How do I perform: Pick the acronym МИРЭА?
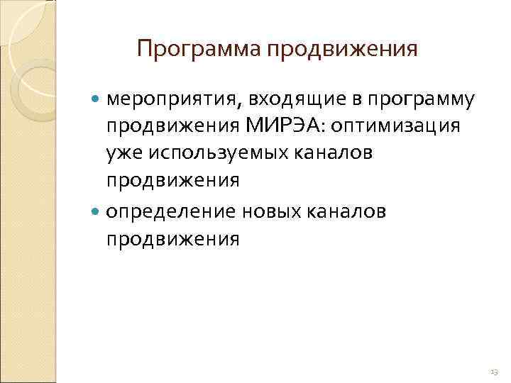(x=290, y=126)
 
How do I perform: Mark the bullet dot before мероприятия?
(x=98, y=100)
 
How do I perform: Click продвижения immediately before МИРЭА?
(x=173, y=126)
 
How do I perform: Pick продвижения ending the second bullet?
(x=173, y=239)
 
